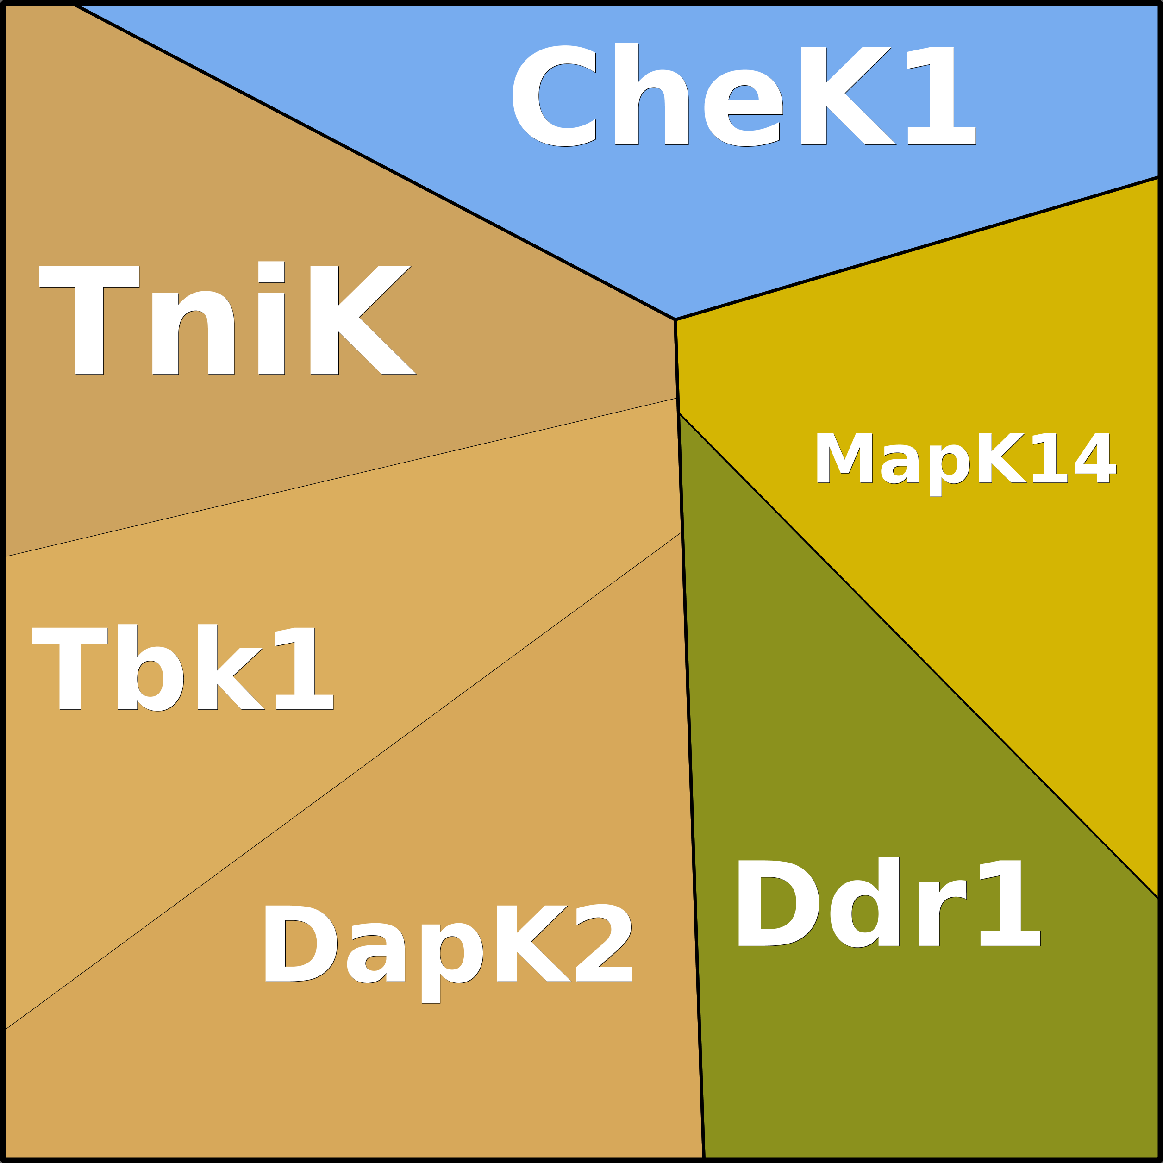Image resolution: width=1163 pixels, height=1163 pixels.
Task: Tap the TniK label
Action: point(227,319)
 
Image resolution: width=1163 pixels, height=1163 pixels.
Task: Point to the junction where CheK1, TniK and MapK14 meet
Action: point(675,319)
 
